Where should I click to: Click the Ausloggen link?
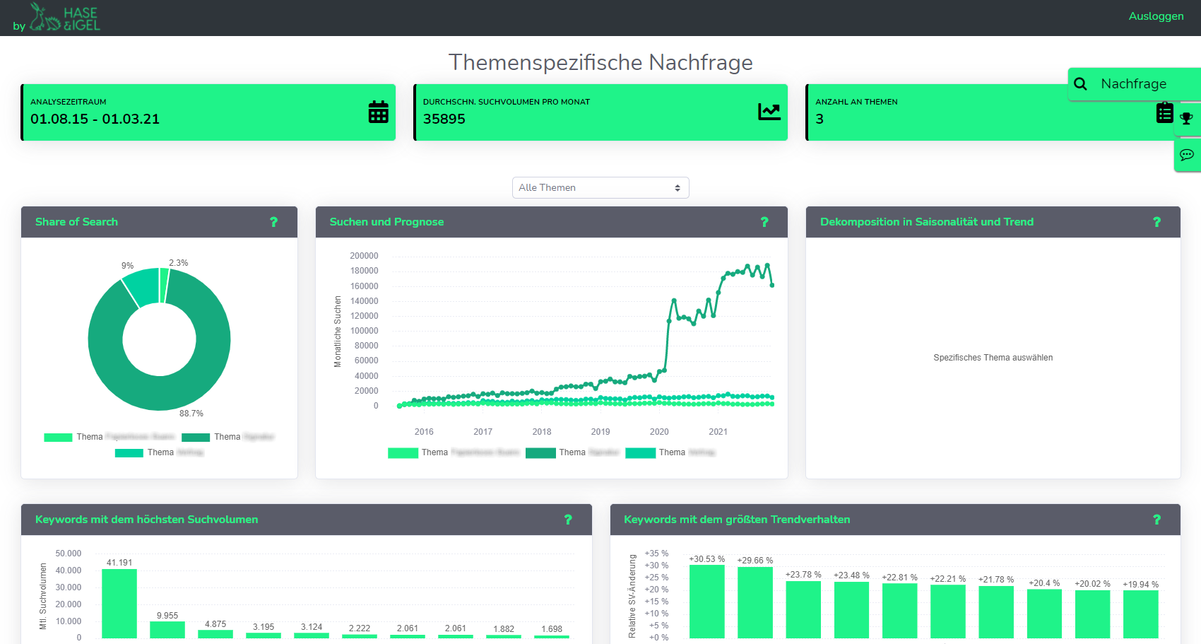click(1156, 16)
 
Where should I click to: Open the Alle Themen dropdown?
click(600, 187)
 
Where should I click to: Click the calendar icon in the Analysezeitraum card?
click(378, 112)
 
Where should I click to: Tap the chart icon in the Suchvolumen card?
click(769, 112)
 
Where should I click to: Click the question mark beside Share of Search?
click(273, 222)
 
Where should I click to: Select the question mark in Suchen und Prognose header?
click(764, 222)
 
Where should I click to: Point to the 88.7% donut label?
click(191, 414)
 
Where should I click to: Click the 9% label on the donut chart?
click(127, 266)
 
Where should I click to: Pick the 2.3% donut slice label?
click(178, 263)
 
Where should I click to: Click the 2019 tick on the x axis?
click(600, 432)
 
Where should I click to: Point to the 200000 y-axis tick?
click(364, 256)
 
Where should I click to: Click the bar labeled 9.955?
click(167, 629)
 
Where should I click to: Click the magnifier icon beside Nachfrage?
click(1080, 84)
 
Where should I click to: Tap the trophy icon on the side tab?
click(1186, 119)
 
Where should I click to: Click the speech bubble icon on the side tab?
click(1186, 155)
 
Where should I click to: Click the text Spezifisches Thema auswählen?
click(993, 358)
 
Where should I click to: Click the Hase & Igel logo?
click(65, 18)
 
